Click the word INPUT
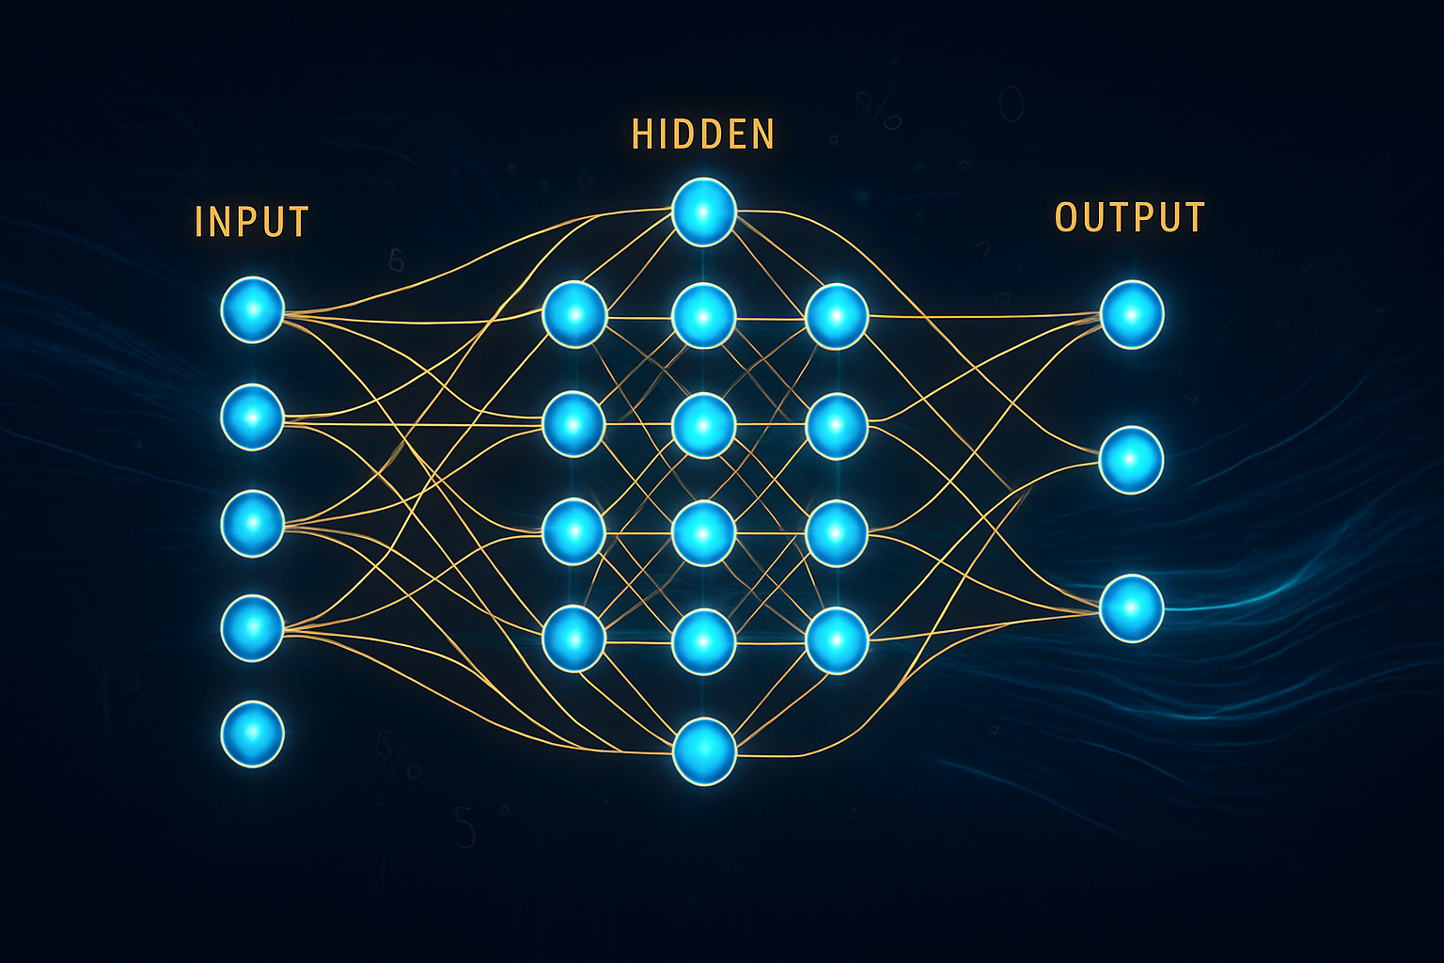(251, 222)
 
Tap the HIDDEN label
(703, 134)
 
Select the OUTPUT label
(1129, 217)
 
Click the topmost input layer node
(252, 309)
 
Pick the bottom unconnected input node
(252, 733)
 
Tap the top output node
(1132, 314)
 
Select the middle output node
(1132, 460)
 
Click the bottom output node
(1132, 608)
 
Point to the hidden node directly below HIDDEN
(703, 212)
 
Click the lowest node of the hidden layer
(703, 750)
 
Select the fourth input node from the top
(252, 627)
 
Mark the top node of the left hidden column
(573, 315)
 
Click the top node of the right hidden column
(836, 317)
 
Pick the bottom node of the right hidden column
(836, 640)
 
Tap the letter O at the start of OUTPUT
(1066, 217)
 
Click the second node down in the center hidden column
(703, 317)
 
